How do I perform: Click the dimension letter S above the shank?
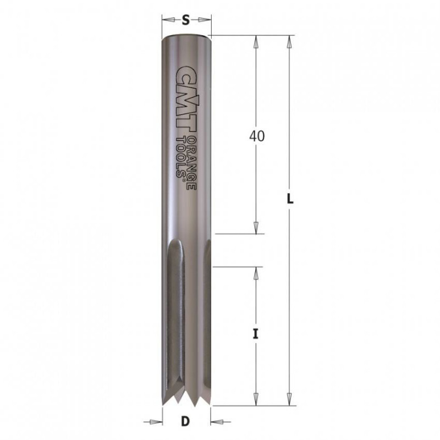[x=186, y=20]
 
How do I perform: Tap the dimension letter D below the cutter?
[x=185, y=421]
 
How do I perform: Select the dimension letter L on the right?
[x=290, y=199]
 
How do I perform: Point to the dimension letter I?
[x=255, y=334]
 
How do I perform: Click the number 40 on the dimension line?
[x=257, y=136]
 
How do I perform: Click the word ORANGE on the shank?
[x=191, y=163]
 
